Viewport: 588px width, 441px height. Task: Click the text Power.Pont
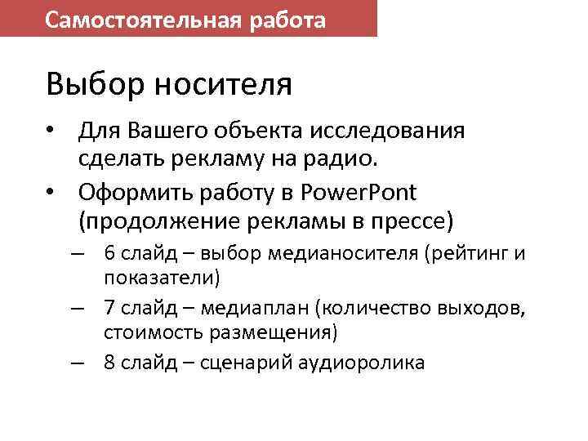(359, 193)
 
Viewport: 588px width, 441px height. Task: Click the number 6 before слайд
(109, 253)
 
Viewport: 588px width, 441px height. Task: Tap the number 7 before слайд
(109, 308)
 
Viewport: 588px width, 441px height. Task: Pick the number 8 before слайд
(109, 363)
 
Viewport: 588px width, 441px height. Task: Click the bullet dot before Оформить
(51, 193)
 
